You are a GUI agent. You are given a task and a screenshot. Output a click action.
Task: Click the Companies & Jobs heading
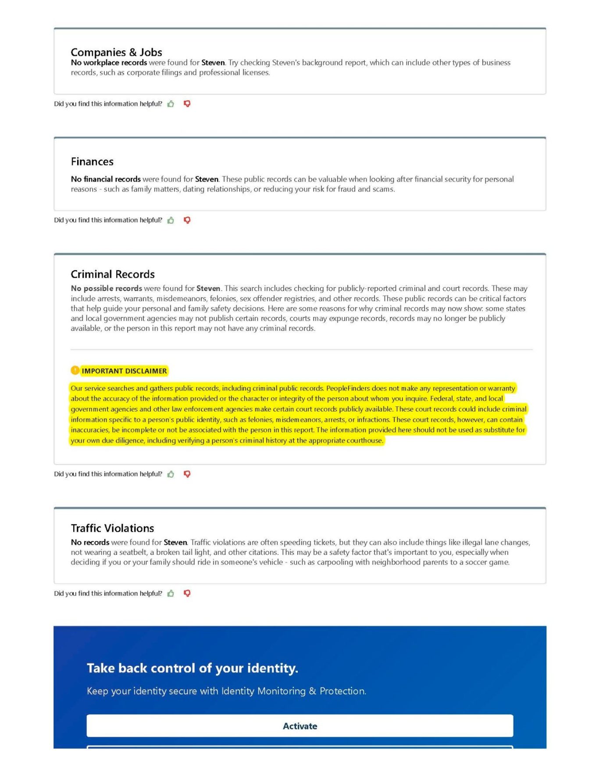[116, 52]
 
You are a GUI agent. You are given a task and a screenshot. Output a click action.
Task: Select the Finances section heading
[92, 162]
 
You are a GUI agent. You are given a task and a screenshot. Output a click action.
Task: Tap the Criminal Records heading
[113, 274]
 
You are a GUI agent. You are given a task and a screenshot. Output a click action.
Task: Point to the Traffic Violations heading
[112, 528]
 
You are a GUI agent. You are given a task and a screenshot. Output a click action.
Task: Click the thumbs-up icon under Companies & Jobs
[171, 104]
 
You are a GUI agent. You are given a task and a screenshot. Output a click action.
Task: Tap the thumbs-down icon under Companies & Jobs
[187, 104]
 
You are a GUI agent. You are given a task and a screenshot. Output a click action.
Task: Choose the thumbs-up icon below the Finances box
[171, 220]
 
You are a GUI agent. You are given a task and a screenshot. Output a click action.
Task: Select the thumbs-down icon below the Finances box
[187, 220]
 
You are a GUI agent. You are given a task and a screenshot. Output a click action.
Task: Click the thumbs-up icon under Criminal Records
[171, 474]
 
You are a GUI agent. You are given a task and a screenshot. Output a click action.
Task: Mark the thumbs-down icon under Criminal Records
[187, 474]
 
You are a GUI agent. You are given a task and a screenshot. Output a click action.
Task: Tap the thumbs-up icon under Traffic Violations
[171, 593]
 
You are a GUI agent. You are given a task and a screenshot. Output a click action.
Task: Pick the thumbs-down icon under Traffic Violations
[187, 593]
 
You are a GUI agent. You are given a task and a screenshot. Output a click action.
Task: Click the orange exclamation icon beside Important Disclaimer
[75, 370]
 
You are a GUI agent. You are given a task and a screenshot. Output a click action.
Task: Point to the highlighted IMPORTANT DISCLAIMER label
[124, 371]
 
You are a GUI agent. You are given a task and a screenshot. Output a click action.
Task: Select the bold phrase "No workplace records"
[109, 63]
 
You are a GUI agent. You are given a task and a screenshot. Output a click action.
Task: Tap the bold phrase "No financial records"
[106, 179]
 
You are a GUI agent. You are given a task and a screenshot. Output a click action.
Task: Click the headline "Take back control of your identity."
[192, 668]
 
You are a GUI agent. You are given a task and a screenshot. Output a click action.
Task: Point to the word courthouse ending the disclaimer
[365, 441]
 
